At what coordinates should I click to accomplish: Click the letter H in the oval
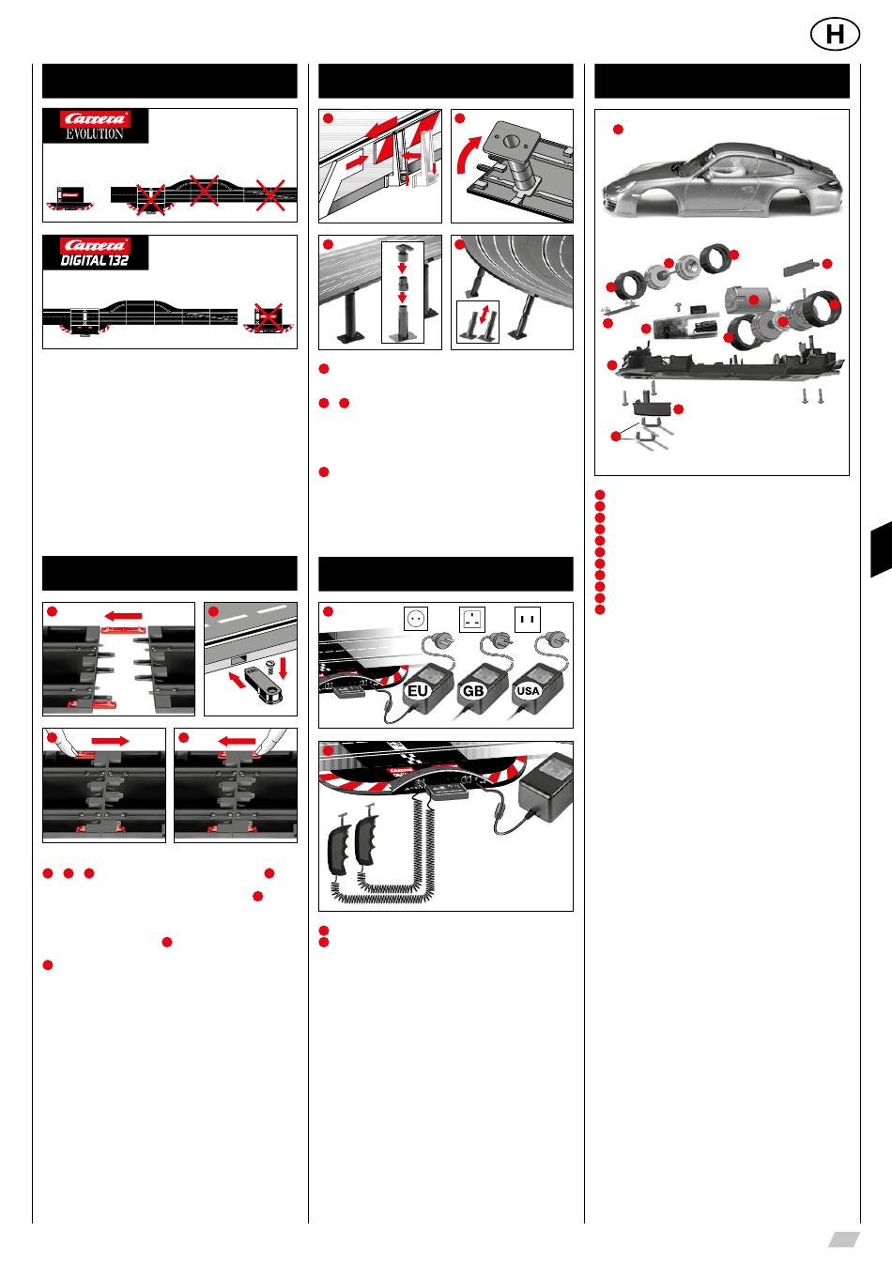pos(835,35)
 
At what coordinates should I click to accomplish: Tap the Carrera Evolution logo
pos(95,126)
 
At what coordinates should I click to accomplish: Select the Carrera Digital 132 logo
pos(95,253)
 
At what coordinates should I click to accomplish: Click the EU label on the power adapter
pos(418,691)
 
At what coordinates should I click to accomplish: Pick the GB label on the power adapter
pos(473,691)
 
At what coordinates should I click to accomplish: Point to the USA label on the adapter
pos(528,691)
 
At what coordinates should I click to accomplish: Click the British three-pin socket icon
pos(472,619)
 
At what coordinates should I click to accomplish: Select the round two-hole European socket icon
pos(416,619)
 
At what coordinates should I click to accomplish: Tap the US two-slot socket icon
pos(528,619)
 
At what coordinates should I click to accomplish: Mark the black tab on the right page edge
pos(882,548)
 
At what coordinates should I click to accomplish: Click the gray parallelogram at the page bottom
pos(844,1239)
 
